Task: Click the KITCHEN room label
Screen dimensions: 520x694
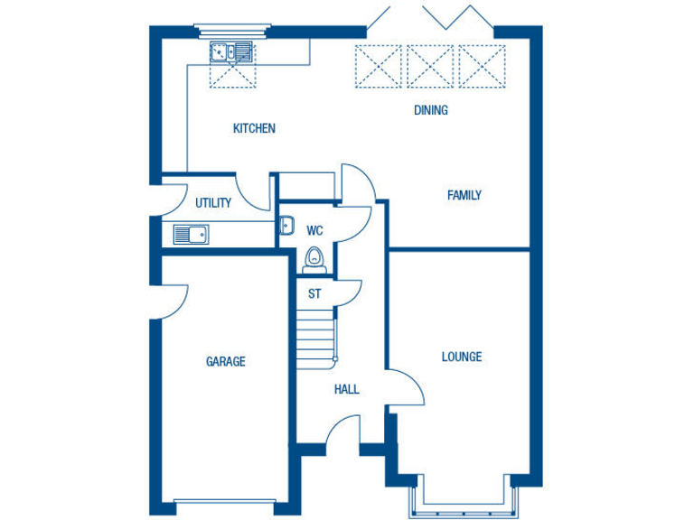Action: pyautogui.click(x=254, y=128)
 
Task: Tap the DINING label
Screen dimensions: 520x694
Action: pyautogui.click(x=431, y=110)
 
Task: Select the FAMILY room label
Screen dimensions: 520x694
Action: pyautogui.click(x=464, y=195)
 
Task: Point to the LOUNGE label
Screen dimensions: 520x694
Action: pyautogui.click(x=461, y=357)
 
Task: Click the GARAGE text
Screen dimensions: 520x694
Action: pyautogui.click(x=225, y=362)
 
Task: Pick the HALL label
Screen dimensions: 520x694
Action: pyautogui.click(x=347, y=390)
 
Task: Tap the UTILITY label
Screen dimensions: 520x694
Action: pyautogui.click(x=213, y=203)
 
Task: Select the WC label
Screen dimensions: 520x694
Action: pyautogui.click(x=314, y=230)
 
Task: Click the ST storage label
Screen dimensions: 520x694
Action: pyautogui.click(x=314, y=294)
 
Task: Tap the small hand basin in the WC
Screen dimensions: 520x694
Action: pyautogui.click(x=286, y=227)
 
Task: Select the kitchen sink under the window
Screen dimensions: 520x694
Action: pyautogui.click(x=231, y=51)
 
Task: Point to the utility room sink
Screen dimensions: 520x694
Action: pyautogui.click(x=191, y=235)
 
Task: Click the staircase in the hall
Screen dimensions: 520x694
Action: pyautogui.click(x=316, y=339)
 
